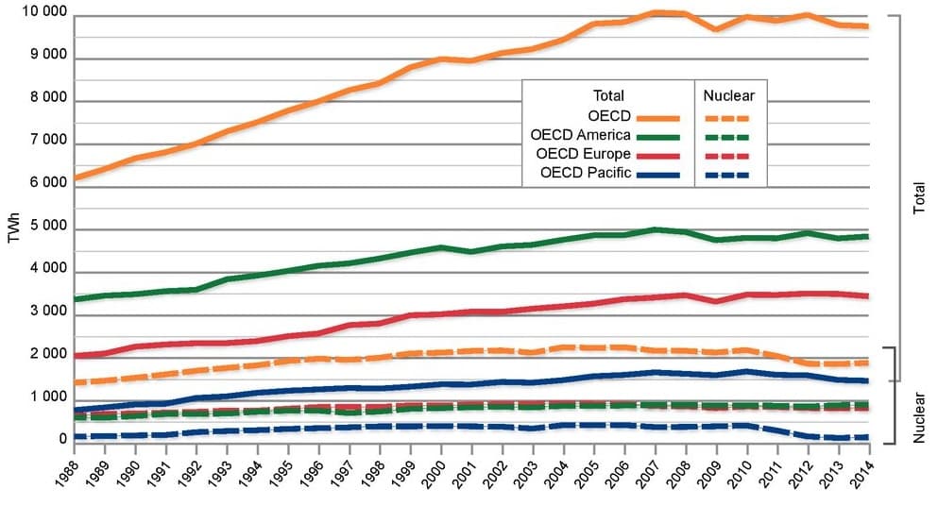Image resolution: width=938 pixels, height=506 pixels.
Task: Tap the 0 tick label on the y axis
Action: coord(62,439)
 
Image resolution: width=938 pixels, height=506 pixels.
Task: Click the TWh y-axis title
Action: coord(13,228)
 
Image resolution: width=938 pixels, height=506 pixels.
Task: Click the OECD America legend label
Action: coord(580,136)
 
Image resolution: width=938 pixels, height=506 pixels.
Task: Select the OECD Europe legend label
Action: coord(583,154)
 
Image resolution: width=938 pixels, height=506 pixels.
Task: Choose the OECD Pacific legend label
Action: coord(585,173)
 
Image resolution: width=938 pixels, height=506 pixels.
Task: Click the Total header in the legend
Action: coord(608,95)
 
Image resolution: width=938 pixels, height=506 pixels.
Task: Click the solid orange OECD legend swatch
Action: coord(659,118)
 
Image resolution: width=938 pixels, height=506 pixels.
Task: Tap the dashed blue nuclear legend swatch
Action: coord(727,175)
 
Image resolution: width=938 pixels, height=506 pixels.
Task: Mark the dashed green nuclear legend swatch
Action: coord(727,137)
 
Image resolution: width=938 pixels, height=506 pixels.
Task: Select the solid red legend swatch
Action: coord(659,156)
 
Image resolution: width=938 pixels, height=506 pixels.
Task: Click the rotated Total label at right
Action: coord(920,197)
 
